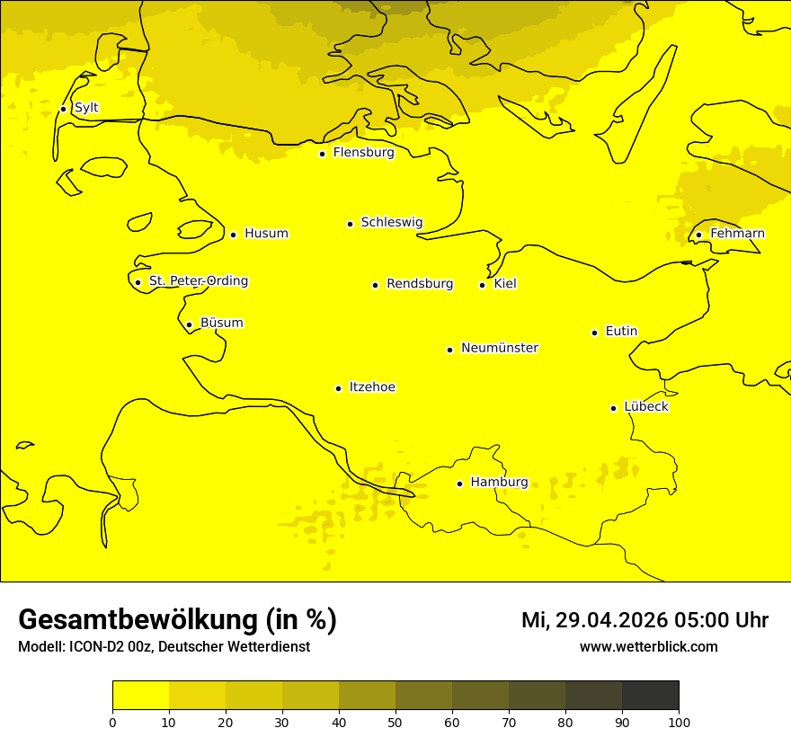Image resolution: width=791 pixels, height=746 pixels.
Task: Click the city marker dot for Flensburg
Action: (x=322, y=154)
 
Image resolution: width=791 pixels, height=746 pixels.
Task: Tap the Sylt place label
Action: (x=86, y=108)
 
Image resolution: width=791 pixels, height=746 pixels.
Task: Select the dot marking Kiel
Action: (x=482, y=285)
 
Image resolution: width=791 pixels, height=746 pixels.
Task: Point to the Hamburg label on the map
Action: (x=499, y=483)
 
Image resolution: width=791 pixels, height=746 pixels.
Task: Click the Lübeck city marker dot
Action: (x=614, y=408)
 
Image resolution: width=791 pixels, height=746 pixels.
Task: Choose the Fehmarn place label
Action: (x=737, y=234)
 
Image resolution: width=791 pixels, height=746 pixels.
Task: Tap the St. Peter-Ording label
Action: (x=198, y=281)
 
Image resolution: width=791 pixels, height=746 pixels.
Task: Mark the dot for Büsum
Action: (x=189, y=324)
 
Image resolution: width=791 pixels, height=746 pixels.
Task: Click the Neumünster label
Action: (x=500, y=348)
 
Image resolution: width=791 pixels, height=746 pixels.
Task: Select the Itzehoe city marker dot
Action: (x=338, y=388)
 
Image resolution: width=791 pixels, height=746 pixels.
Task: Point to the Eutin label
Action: (x=621, y=332)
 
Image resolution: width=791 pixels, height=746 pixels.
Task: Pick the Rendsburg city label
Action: (x=420, y=284)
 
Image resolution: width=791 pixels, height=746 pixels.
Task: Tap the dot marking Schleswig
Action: (x=350, y=224)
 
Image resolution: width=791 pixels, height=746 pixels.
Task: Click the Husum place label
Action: (x=266, y=234)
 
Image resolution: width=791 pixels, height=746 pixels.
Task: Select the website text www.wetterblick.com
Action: (x=648, y=647)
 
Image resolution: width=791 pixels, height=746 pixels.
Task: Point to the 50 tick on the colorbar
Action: (x=395, y=722)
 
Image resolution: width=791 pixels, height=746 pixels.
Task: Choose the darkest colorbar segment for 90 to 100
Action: (x=650, y=696)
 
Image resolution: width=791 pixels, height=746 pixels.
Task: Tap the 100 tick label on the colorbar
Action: (x=679, y=722)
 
